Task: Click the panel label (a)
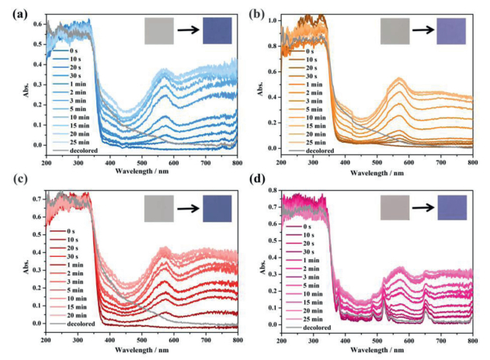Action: (11, 10)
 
